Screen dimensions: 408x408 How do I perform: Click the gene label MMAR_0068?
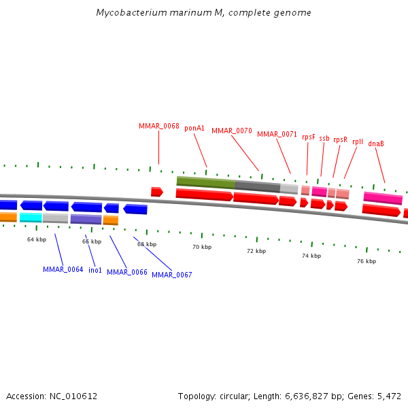point(159,126)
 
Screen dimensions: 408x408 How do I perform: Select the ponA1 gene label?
point(194,128)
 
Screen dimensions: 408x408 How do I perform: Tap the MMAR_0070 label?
point(232,131)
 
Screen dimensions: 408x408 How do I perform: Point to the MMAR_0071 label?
point(277,134)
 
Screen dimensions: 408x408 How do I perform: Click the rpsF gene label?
point(309,137)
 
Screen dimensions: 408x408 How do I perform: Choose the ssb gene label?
point(324,138)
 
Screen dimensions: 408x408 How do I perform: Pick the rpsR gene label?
point(340,139)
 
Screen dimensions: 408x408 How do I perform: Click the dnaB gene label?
point(376,143)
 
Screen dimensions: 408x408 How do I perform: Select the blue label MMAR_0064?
point(63,270)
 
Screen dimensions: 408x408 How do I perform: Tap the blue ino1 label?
point(95,270)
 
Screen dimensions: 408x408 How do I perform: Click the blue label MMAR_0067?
point(172,275)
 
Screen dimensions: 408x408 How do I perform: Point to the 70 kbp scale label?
point(201,247)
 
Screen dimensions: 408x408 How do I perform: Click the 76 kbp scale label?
point(367,261)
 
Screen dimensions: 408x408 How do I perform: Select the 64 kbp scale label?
point(37,239)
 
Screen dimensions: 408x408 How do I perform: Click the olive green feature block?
point(205,182)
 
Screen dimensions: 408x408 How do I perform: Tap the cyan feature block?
point(31,218)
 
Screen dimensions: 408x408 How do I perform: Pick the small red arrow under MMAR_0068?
point(156,192)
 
